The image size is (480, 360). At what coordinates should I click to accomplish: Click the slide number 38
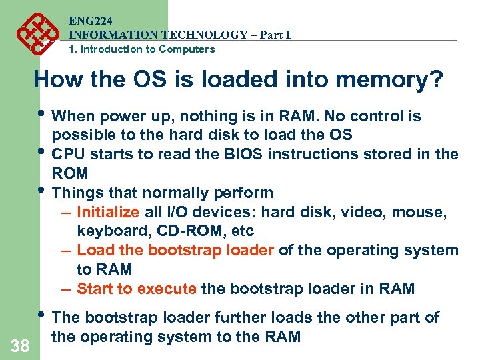point(19,345)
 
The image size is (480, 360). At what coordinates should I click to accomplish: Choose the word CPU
point(67,155)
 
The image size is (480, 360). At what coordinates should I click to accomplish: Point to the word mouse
point(419,213)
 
